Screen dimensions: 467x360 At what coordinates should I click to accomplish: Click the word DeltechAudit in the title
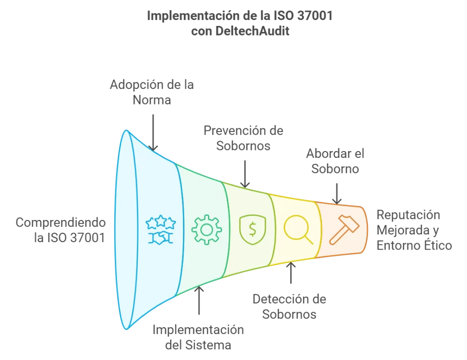click(252, 31)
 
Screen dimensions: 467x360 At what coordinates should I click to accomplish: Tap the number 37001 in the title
click(315, 16)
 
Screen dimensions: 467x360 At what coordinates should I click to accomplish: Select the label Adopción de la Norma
click(152, 92)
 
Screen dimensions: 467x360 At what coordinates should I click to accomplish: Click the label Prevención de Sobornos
click(244, 138)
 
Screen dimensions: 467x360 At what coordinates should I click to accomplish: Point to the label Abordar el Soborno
click(335, 161)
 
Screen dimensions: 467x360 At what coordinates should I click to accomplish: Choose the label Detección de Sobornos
click(289, 307)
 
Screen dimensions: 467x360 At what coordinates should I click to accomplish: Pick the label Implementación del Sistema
click(198, 337)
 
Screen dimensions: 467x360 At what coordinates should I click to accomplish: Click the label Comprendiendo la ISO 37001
click(61, 230)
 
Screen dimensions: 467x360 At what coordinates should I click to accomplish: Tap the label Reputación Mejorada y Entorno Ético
click(414, 230)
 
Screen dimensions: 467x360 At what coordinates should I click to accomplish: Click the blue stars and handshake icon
click(161, 230)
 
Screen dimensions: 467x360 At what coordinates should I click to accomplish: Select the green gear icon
click(207, 230)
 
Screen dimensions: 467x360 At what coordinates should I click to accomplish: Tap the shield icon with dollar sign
click(253, 230)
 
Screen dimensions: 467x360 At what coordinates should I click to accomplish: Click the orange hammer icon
click(344, 230)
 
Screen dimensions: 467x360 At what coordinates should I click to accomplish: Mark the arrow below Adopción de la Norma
click(153, 133)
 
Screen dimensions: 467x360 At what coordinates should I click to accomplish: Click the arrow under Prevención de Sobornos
click(245, 174)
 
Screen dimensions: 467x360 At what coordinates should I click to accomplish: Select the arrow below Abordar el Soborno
click(337, 194)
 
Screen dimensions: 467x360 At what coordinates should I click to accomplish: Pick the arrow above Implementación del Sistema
click(199, 300)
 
